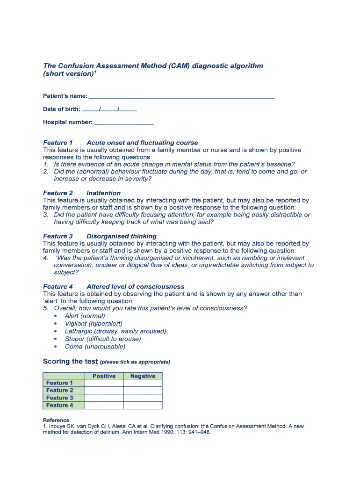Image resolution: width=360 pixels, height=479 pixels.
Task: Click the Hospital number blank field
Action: (x=124, y=123)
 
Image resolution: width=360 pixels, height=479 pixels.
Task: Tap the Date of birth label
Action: (x=61, y=109)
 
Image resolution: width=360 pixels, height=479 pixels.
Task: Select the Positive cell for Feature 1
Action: (x=104, y=383)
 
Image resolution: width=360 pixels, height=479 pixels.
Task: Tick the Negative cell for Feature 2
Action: (x=143, y=391)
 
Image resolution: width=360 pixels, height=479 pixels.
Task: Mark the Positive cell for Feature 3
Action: (x=104, y=398)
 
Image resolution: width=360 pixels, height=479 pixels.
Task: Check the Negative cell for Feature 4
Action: (x=143, y=406)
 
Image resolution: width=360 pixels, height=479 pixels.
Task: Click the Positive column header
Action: (x=104, y=376)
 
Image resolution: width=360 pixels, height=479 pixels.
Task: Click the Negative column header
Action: (x=143, y=376)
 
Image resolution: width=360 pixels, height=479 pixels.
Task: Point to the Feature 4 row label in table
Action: (x=60, y=406)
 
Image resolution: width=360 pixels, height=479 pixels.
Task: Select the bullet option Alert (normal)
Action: (x=85, y=316)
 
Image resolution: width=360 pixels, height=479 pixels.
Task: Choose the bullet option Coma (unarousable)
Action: (x=95, y=347)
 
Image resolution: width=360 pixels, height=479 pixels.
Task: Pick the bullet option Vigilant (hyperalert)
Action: (x=94, y=324)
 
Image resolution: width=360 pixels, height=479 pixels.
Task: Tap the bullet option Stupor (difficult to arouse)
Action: (x=102, y=339)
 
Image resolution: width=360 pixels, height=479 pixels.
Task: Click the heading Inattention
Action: (x=103, y=193)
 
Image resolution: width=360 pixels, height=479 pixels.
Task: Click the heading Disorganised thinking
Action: (x=122, y=236)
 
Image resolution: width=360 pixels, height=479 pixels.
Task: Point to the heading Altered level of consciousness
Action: (x=135, y=287)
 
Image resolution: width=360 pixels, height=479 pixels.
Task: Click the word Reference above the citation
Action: (x=56, y=420)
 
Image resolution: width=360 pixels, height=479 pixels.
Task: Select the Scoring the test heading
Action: (x=70, y=362)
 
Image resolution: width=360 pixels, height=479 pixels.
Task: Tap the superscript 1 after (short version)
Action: (x=95, y=72)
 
